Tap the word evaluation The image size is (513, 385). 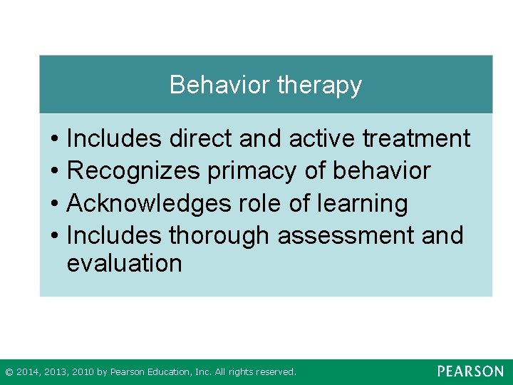(x=124, y=263)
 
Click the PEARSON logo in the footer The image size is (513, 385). (x=470, y=371)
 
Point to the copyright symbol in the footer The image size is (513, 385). (x=9, y=372)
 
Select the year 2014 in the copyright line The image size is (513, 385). (x=26, y=372)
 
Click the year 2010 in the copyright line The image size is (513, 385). (x=83, y=372)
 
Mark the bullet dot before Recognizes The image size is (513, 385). (x=54, y=172)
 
